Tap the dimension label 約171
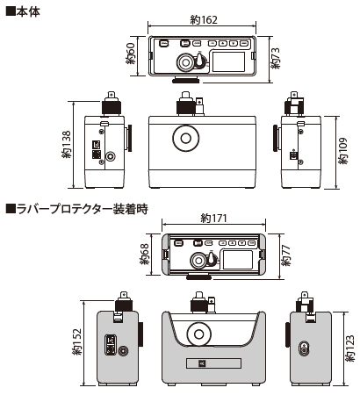(x=214, y=218)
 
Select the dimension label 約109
(x=343, y=148)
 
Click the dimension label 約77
(x=283, y=255)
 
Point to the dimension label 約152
(x=78, y=344)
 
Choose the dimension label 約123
(x=350, y=349)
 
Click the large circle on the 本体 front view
(x=187, y=139)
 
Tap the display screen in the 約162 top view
(x=231, y=60)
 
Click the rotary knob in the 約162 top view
(x=186, y=62)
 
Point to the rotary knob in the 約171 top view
(x=200, y=261)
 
